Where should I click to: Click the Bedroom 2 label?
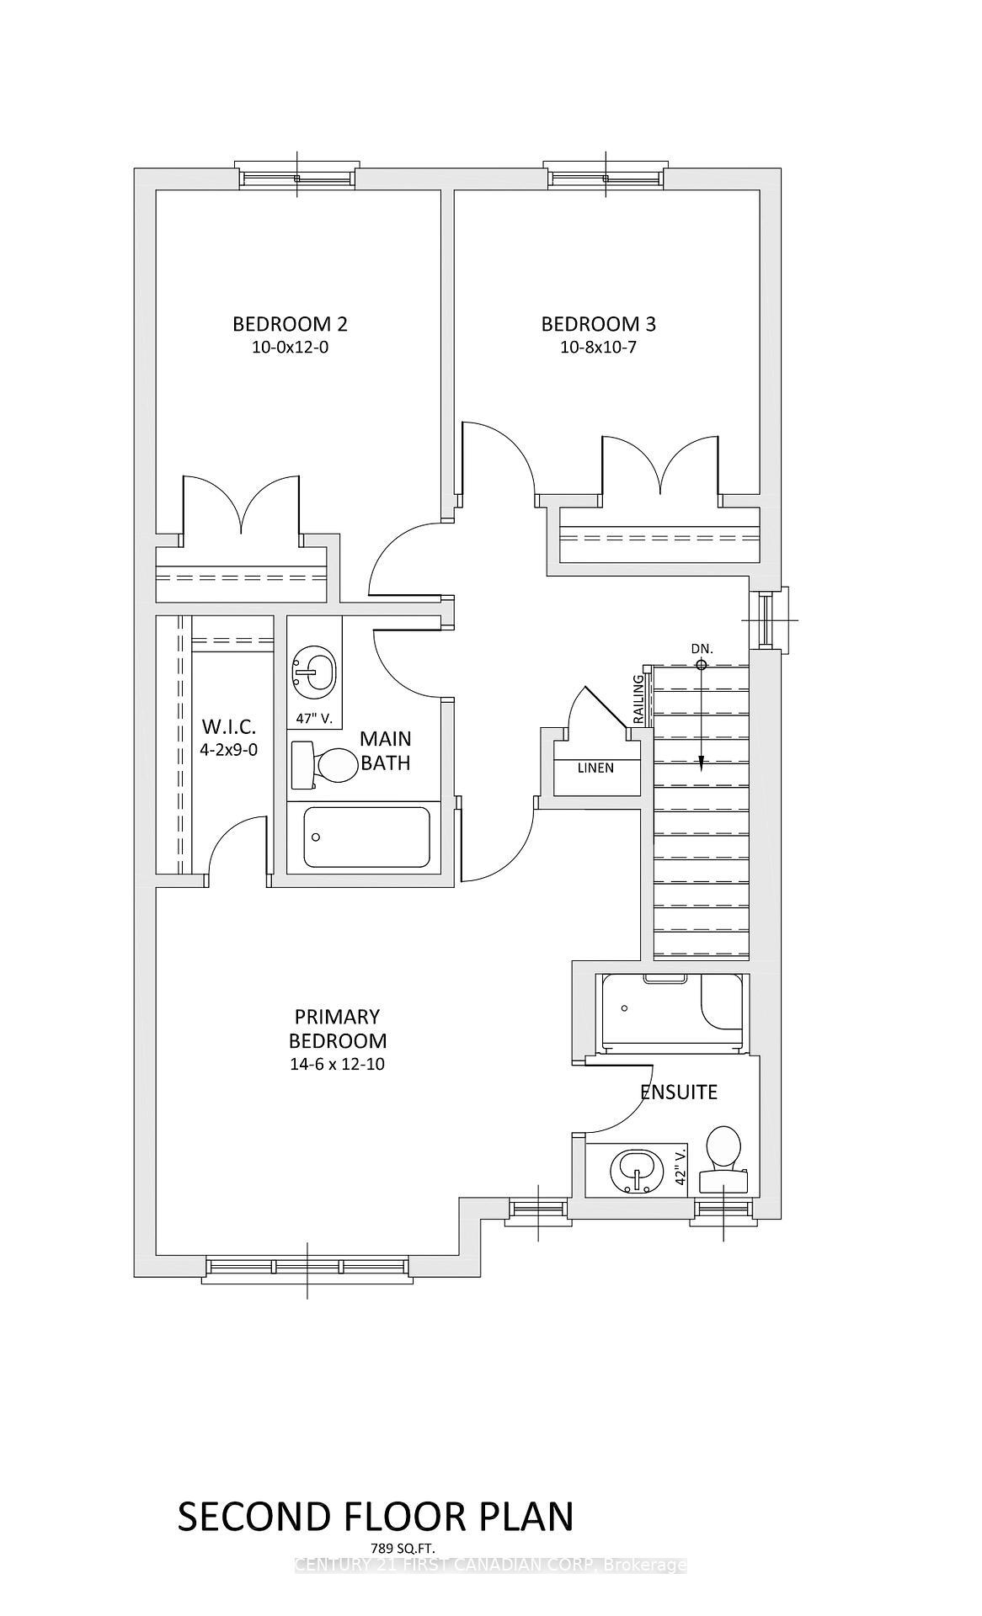290,324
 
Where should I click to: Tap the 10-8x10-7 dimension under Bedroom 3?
598,347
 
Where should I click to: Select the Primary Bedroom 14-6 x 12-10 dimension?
337,1064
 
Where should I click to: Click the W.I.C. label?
228,726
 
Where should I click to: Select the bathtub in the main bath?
366,837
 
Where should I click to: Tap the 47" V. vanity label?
314,719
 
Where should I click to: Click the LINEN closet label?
595,768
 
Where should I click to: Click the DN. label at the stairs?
702,649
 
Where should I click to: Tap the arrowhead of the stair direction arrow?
701,763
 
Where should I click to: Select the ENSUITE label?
679,1092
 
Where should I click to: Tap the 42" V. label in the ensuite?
681,1166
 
